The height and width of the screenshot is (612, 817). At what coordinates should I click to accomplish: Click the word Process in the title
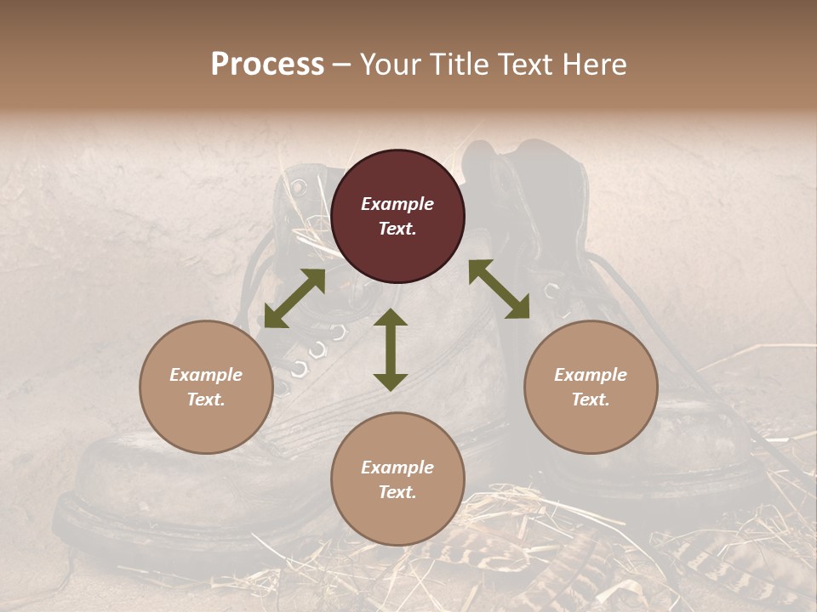pos(267,65)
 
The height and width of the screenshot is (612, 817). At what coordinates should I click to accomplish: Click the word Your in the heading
pos(391,65)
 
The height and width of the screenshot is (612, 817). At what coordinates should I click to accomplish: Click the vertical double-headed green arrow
pos(391,349)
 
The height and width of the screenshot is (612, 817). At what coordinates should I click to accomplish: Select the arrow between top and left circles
pos(294,298)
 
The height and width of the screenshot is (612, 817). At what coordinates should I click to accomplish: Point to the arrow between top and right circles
pos(499,289)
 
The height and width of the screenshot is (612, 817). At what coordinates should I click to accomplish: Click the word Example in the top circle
pos(397,204)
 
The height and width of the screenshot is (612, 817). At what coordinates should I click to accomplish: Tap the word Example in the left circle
pos(206,375)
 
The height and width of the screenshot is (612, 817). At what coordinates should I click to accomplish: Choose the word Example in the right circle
pos(591,375)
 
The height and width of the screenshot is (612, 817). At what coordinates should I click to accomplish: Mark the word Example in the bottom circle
pos(397,467)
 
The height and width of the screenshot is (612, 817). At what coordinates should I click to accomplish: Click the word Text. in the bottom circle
pos(397,492)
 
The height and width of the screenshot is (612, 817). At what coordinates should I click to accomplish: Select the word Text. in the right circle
pos(591,399)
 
